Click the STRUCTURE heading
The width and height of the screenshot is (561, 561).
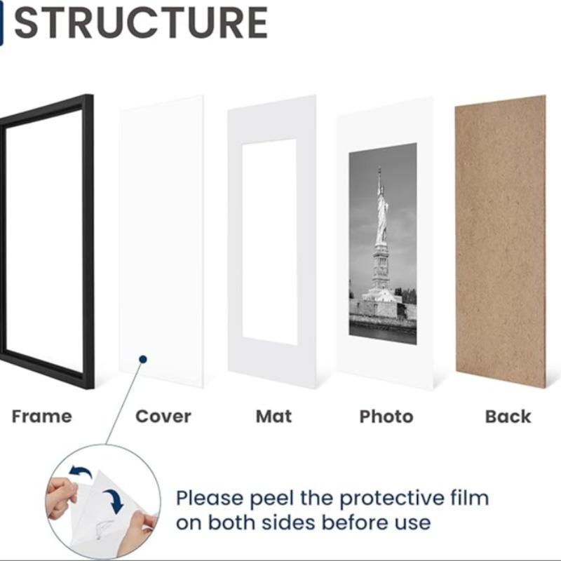[x=140, y=22]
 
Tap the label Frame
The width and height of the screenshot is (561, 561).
[x=41, y=417]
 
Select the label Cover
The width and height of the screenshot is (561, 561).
[x=163, y=417]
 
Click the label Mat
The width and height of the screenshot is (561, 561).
[x=273, y=417]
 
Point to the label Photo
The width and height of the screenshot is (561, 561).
[x=386, y=417]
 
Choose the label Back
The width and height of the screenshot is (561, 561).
[x=508, y=417]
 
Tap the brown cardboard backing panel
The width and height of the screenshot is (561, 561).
[x=500, y=242]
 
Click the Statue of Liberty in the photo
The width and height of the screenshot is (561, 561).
[x=381, y=210]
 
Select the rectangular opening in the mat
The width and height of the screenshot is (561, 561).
[x=270, y=242]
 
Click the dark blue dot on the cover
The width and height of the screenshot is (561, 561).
[x=142, y=359]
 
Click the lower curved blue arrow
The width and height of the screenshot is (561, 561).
[x=112, y=501]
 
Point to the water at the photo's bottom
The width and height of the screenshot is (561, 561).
[x=382, y=333]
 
